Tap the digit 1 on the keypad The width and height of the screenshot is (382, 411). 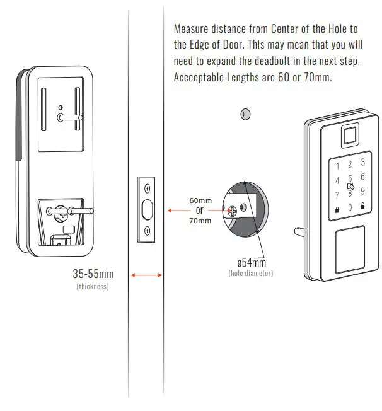coord(337,166)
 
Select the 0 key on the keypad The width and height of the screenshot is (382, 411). coord(350,207)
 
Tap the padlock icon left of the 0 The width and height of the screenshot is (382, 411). coord(337,209)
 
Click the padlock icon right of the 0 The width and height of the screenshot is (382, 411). coord(362,205)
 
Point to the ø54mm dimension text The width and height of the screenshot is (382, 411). coord(250,262)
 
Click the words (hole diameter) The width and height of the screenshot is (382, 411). coord(250,273)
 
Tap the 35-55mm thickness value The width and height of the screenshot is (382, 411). coord(93,274)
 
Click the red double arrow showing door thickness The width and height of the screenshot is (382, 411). coord(146,275)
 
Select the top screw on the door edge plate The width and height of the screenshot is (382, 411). coord(147,188)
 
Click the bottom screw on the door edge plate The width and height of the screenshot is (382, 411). coord(147,231)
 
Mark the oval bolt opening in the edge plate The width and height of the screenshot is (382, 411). coord(147,209)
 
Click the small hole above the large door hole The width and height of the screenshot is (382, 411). coord(246,114)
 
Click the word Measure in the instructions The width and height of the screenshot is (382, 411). coord(192,29)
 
